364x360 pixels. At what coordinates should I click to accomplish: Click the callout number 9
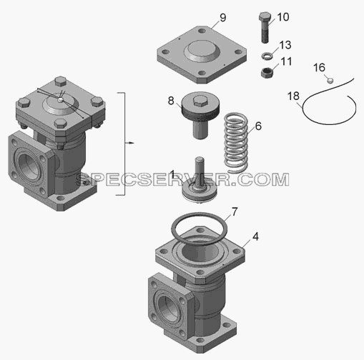(x=223, y=18)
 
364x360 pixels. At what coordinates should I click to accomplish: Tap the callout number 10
(x=283, y=17)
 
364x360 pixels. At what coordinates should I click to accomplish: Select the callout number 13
(x=285, y=45)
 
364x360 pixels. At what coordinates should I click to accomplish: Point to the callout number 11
(x=286, y=61)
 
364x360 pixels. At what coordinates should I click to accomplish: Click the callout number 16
(x=319, y=68)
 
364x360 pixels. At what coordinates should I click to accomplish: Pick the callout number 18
(x=293, y=96)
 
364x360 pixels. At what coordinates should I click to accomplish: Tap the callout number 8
(x=171, y=101)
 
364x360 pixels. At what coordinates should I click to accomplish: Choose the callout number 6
(x=258, y=126)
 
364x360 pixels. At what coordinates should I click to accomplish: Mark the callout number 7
(x=235, y=211)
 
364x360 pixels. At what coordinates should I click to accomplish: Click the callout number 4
(x=255, y=236)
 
